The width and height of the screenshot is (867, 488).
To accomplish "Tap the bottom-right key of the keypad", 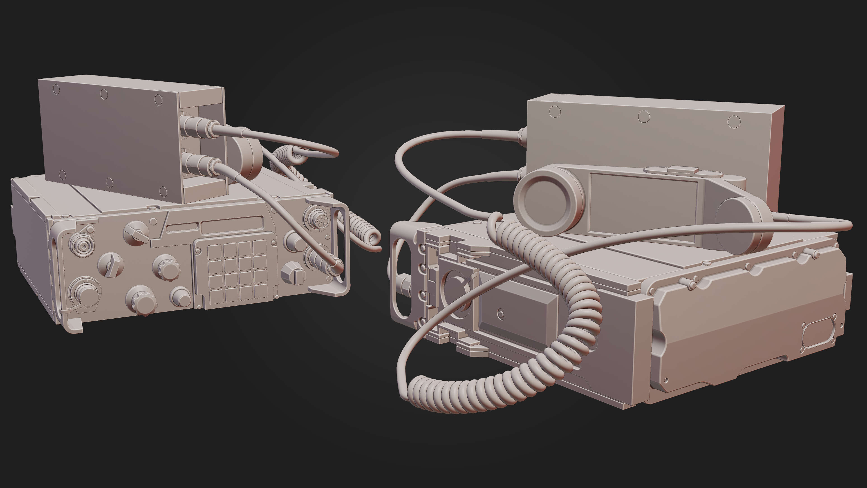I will click(x=261, y=291).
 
